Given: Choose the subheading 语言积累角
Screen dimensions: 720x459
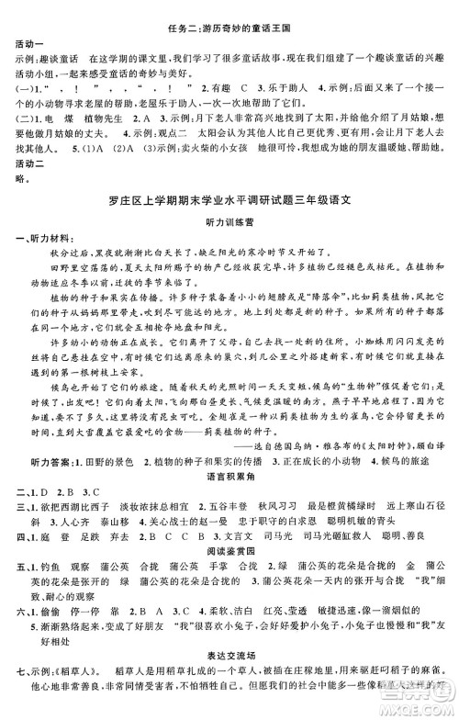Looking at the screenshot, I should pos(229,476).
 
